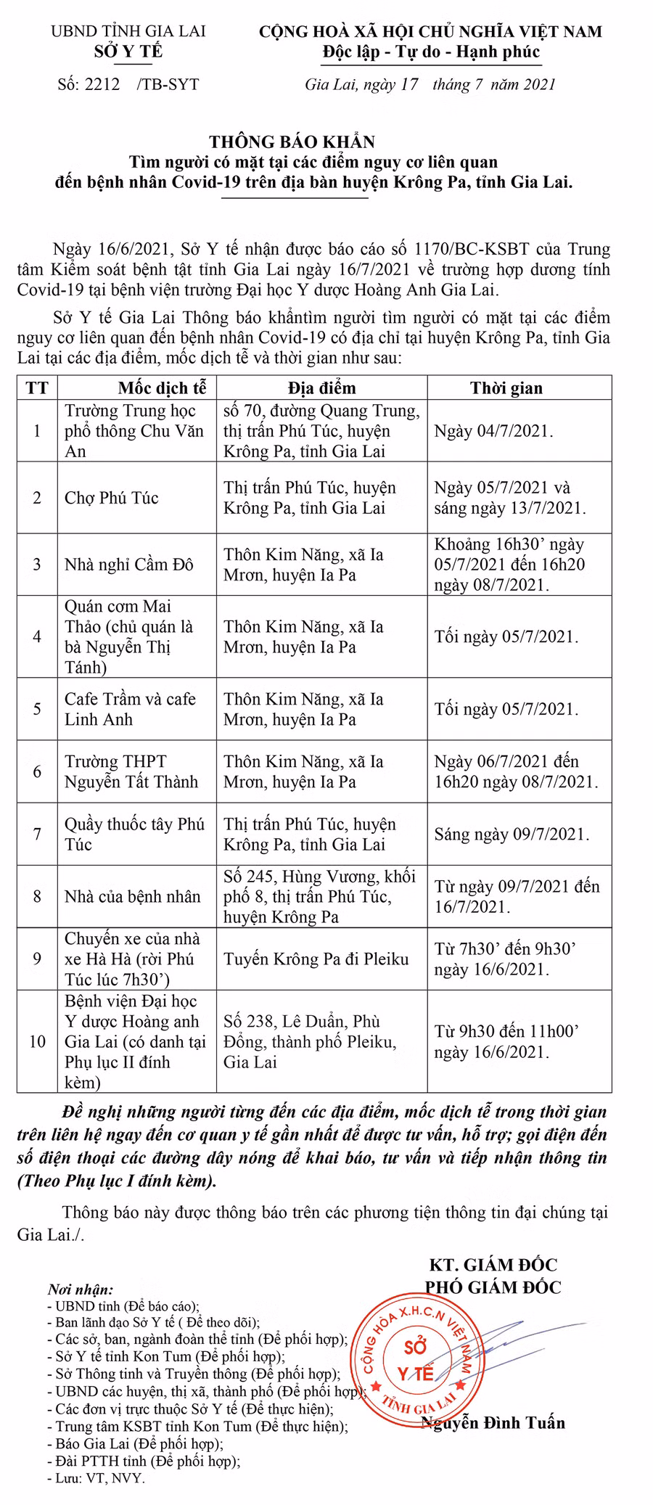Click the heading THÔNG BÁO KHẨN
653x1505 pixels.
tap(292, 142)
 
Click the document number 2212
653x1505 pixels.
tap(102, 84)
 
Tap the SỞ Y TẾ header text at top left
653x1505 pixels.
tap(128, 51)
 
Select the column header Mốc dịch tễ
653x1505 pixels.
tap(162, 387)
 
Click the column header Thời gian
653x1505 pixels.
tap(506, 387)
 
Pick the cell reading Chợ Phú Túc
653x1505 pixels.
tap(111, 498)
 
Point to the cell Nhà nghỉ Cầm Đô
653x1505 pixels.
tap(128, 565)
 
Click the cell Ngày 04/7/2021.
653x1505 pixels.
tap(493, 431)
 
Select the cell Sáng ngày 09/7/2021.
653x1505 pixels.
tap(512, 834)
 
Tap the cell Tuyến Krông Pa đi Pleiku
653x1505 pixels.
tap(316, 959)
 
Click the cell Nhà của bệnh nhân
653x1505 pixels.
tap(132, 897)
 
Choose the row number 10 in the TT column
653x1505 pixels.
tap(37, 1042)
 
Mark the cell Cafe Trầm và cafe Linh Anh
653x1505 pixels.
tap(130, 709)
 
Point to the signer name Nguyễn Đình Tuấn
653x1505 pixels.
tap(493, 1423)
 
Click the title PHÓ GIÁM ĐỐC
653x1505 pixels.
tap(493, 1287)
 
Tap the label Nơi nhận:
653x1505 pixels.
tap(81, 1289)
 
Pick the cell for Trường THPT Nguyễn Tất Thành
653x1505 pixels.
tap(131, 771)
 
